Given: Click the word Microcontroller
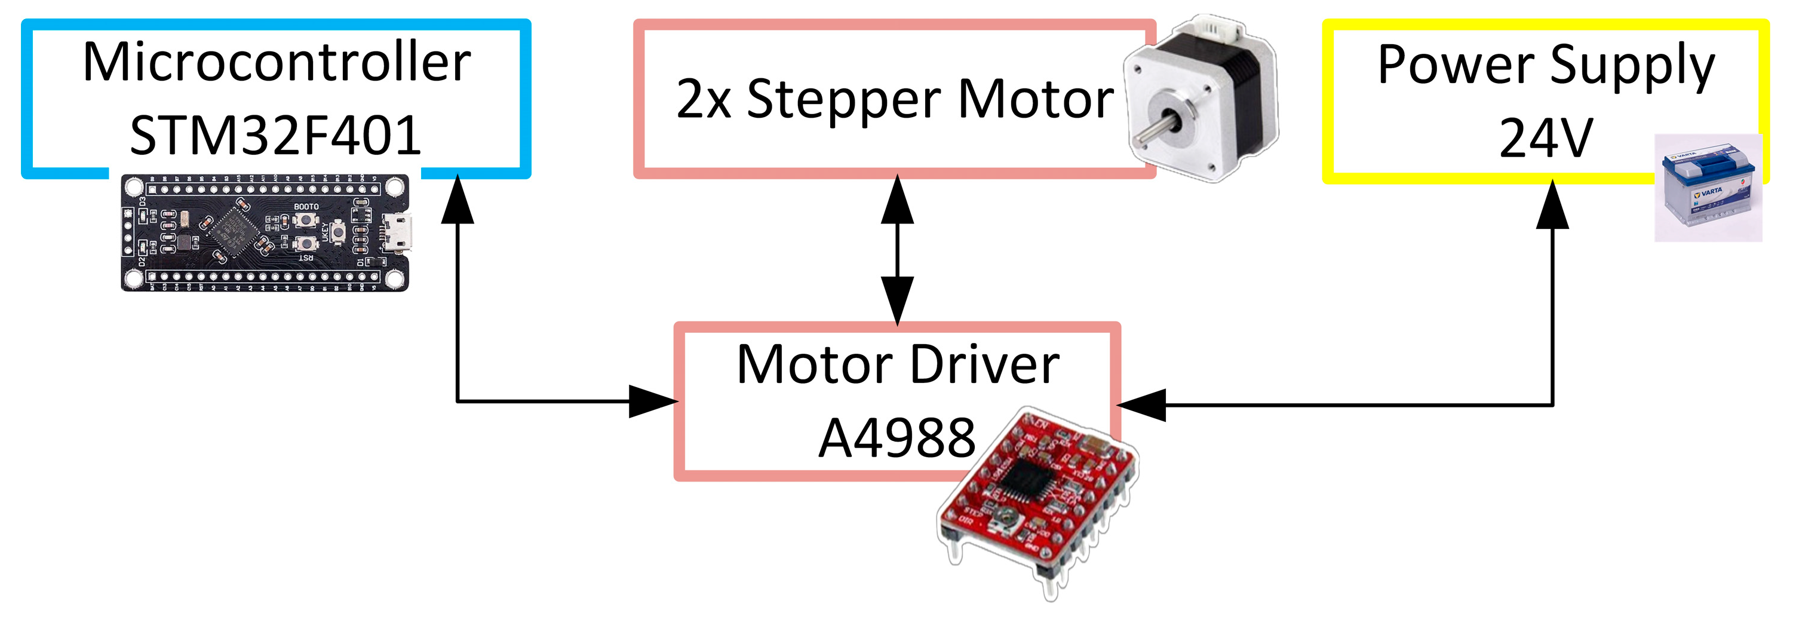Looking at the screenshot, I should (x=277, y=63).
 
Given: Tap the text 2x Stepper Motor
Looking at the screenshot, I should (x=895, y=99).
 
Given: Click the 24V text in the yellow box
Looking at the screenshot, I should (x=1545, y=138).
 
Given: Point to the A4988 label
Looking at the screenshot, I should (x=896, y=438).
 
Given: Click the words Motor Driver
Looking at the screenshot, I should (x=897, y=365).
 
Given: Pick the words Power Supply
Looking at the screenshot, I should (x=1546, y=65).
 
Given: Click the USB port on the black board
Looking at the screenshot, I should (x=397, y=232).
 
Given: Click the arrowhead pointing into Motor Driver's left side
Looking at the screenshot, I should (x=653, y=402).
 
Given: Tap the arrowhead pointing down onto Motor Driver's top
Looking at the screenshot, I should (x=897, y=300).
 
